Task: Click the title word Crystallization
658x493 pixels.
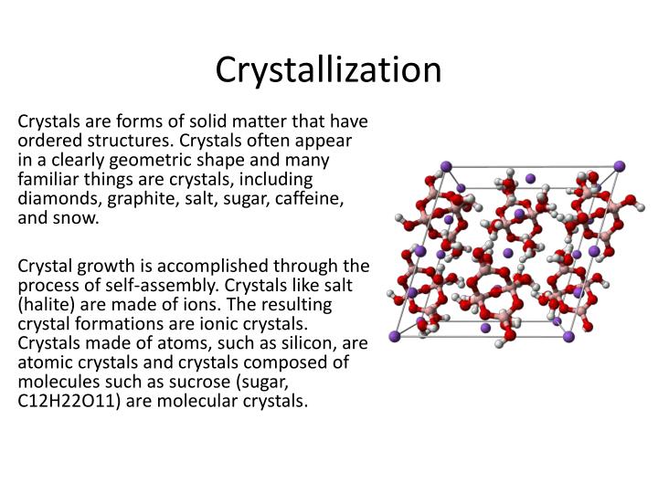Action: [329, 70]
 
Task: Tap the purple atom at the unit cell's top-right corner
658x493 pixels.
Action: [619, 165]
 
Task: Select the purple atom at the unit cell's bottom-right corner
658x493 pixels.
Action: [568, 337]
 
